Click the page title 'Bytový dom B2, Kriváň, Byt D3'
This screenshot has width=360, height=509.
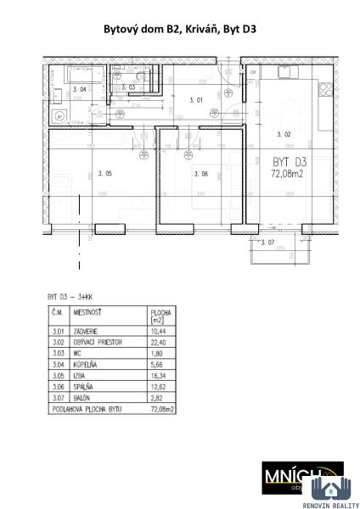(x=180, y=29)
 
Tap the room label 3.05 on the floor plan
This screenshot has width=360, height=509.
(x=104, y=174)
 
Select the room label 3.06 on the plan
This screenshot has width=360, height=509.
(x=201, y=174)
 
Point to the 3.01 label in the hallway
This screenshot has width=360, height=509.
(x=196, y=100)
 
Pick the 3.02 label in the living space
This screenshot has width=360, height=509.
(x=285, y=135)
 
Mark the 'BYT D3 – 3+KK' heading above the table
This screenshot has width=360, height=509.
(x=67, y=298)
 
